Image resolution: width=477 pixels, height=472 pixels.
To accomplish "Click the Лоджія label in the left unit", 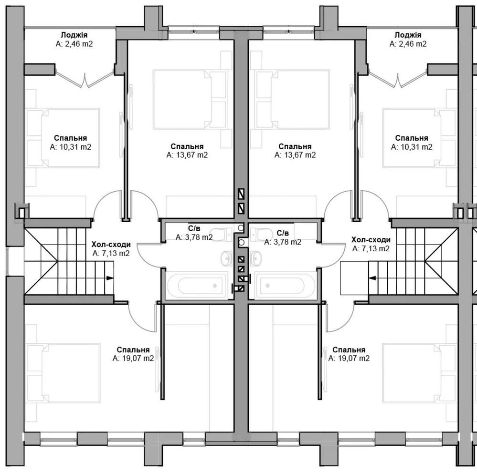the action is [74, 35].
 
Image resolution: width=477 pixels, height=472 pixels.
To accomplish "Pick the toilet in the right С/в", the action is [261, 233].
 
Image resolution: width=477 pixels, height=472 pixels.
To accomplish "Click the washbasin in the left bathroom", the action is [226, 258].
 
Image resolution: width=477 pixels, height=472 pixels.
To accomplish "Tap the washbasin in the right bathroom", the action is [256, 258].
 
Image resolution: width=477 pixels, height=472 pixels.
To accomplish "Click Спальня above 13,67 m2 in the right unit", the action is [295, 146].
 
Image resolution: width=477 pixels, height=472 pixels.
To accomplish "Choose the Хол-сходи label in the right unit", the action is [371, 240].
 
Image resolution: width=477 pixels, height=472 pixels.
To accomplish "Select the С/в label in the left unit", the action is [194, 228].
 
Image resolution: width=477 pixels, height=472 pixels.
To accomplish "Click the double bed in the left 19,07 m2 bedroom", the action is [64, 373].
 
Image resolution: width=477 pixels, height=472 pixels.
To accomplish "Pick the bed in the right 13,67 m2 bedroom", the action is [293, 100].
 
